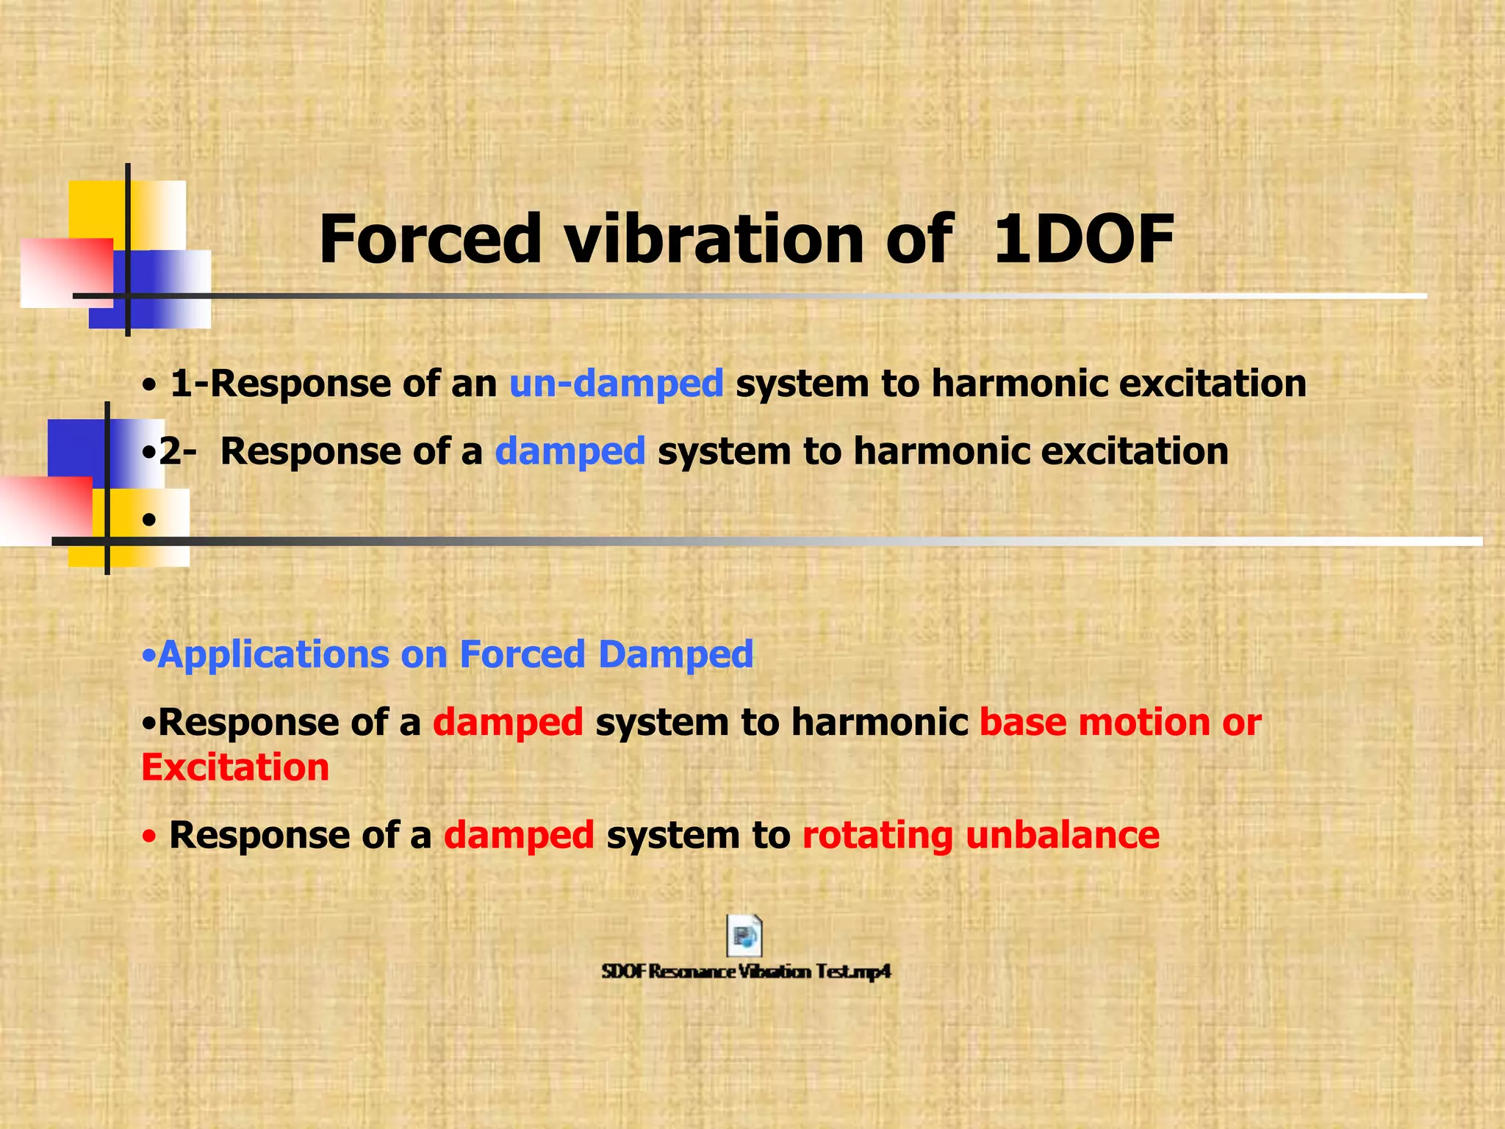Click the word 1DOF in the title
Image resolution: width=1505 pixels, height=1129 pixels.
tap(1083, 240)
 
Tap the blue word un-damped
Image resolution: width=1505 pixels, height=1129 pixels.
tap(616, 384)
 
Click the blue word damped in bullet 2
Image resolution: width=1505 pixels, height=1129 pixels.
tap(570, 451)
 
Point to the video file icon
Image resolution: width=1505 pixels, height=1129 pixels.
tap(744, 936)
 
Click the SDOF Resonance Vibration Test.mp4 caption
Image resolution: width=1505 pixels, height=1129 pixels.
tap(746, 972)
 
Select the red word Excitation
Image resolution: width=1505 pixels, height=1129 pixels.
tap(235, 768)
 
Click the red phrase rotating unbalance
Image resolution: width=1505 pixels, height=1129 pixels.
tap(980, 836)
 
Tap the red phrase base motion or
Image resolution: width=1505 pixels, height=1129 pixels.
tap(1120, 723)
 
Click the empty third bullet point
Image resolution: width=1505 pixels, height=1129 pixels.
tap(149, 520)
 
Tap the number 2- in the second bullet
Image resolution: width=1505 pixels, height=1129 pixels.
tap(177, 451)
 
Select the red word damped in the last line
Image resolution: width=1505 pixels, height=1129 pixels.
tap(518, 836)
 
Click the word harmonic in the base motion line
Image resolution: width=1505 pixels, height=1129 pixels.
tap(879, 723)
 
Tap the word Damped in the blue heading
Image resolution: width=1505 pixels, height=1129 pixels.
tap(675, 654)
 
